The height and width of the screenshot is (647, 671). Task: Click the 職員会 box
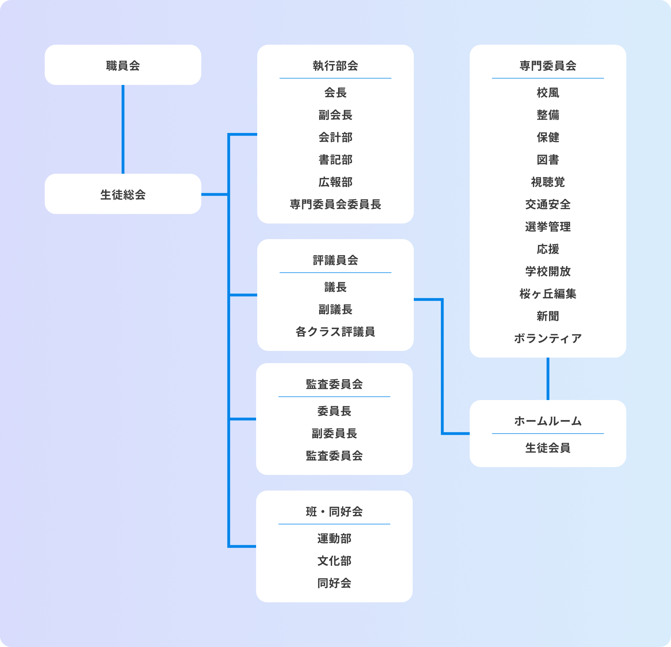[x=123, y=65]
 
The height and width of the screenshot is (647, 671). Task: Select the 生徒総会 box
[x=123, y=194]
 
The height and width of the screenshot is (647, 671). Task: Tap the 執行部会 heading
[x=335, y=66]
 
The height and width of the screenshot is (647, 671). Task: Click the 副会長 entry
[x=335, y=115]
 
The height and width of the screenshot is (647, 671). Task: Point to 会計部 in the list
[x=335, y=137]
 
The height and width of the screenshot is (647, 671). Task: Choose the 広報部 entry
[x=335, y=182]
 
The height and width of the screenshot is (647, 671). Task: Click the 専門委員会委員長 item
[x=335, y=204]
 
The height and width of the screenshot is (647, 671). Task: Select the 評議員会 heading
[x=335, y=260]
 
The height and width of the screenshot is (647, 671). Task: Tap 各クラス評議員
[x=335, y=332]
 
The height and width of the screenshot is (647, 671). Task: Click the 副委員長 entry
[x=334, y=433]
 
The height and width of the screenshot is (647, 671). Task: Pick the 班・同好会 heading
[x=334, y=511]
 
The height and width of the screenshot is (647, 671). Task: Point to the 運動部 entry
[x=334, y=538]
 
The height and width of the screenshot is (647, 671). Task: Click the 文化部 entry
[x=334, y=561]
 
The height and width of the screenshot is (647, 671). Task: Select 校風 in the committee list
[x=548, y=92]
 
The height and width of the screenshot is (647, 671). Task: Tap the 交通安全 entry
[x=548, y=204]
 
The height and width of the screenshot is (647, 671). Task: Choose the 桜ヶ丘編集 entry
[x=548, y=294]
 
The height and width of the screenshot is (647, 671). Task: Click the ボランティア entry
[x=548, y=338]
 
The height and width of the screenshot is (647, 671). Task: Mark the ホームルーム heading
[x=548, y=421]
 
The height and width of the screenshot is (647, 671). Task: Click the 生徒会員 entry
[x=548, y=448]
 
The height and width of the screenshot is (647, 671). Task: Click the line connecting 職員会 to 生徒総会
[x=123, y=129]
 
